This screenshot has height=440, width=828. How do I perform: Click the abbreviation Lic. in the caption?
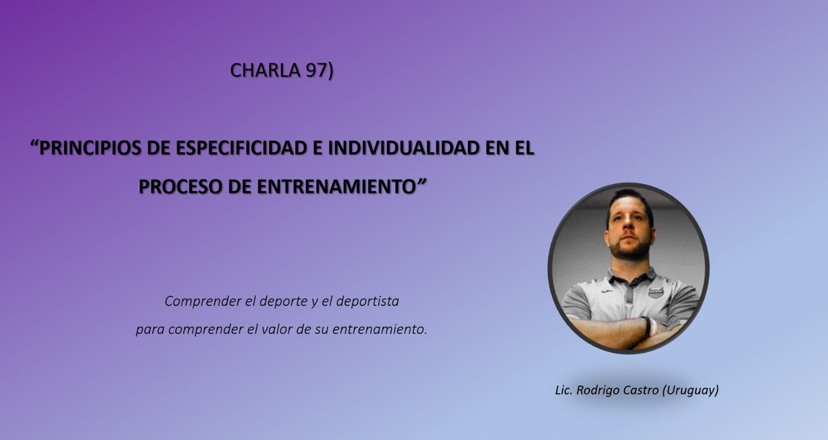point(565,390)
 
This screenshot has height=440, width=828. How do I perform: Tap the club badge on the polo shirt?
point(655,292)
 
